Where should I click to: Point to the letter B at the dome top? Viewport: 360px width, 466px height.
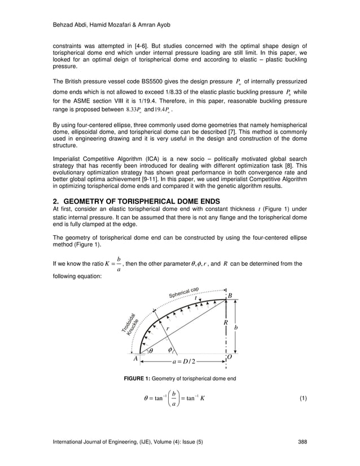click(230, 296)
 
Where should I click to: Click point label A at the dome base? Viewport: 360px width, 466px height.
click(135, 358)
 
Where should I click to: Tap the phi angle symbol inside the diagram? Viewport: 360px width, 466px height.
click(170, 350)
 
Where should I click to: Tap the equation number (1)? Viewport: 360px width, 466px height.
click(303, 399)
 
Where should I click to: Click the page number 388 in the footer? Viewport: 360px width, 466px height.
click(302, 441)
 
